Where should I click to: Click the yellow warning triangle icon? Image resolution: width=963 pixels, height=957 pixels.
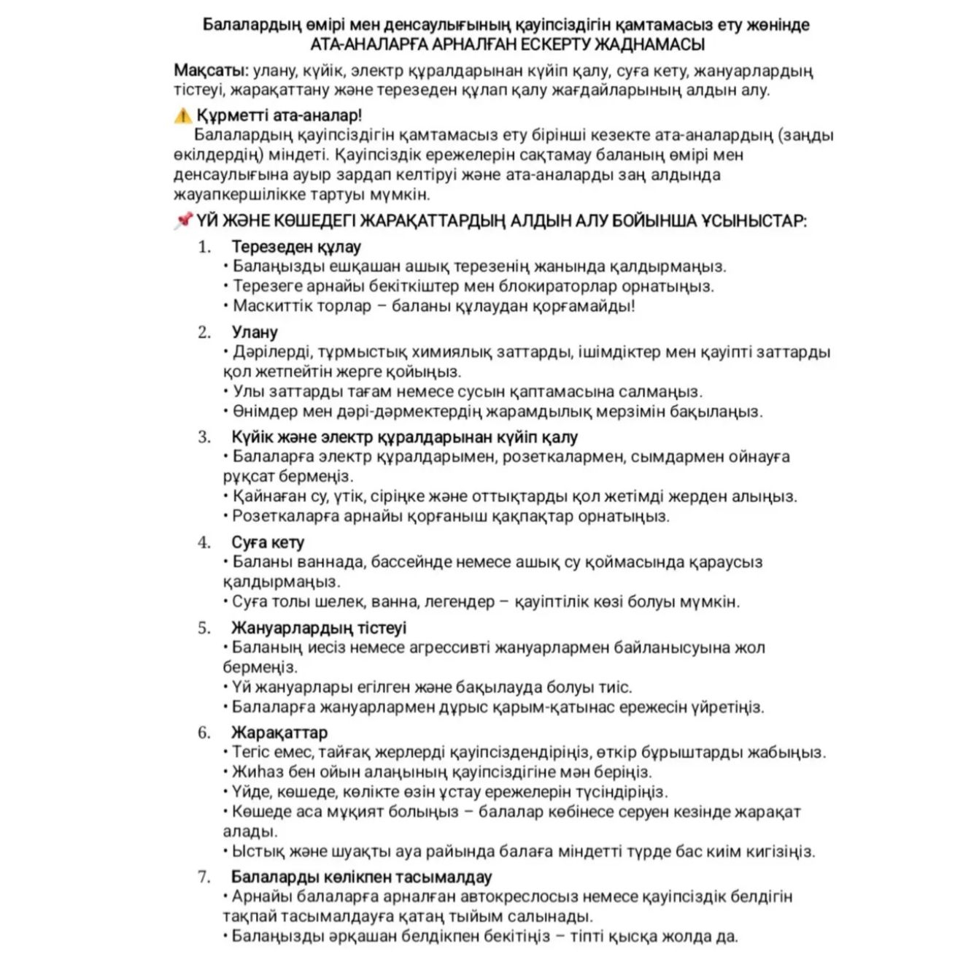pos(182,115)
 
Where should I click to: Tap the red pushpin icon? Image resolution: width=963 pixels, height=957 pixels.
pos(182,220)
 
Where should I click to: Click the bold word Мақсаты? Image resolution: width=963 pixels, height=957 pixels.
pos(211,71)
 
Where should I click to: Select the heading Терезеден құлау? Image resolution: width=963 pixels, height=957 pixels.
pos(296,247)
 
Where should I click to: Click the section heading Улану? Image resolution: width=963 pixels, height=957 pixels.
pos(255,332)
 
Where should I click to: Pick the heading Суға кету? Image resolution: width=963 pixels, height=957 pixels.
pos(268,542)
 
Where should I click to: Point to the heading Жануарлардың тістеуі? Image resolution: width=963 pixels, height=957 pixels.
pos(319,628)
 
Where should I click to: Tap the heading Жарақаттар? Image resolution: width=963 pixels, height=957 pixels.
pos(279,732)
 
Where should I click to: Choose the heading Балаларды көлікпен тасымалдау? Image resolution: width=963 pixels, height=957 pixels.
pos(361,877)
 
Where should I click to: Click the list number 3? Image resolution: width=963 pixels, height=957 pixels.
pos(204,437)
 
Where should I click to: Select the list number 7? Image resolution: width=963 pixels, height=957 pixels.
pos(204,877)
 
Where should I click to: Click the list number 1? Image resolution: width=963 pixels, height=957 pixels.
pos(204,247)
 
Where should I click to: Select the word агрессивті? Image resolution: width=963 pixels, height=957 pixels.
pos(449,647)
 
